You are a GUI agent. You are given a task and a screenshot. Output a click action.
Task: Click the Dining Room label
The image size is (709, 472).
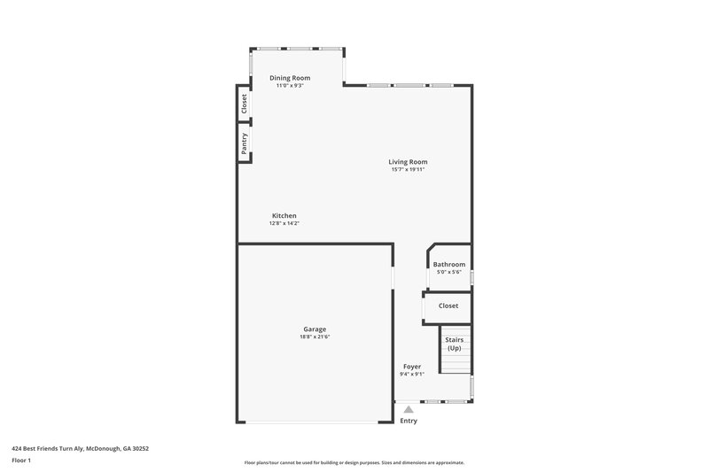pos(290,78)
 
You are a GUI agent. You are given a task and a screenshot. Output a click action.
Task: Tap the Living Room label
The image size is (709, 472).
pos(408,161)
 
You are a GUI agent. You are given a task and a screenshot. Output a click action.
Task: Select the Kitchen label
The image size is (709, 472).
pos(284,216)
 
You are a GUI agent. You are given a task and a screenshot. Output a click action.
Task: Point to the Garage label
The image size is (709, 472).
pos(315,329)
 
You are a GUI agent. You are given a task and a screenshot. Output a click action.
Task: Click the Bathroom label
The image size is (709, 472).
pos(449,264)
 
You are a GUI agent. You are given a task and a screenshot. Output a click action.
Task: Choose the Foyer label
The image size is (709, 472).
pos(412,366)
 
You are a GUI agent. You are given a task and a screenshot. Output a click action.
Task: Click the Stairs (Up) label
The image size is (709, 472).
pos(454,344)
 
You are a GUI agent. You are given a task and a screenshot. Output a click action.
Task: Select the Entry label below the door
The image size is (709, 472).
pos(409,421)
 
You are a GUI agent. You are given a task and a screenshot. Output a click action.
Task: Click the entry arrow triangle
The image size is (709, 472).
pos(409,409)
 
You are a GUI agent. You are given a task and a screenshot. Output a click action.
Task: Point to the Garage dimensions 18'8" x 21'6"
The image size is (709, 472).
pos(315,337)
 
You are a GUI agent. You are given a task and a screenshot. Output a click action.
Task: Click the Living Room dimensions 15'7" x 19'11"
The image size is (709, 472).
pos(408,169)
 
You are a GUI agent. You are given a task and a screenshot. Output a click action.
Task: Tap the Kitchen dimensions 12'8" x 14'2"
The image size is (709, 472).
pos(284,223)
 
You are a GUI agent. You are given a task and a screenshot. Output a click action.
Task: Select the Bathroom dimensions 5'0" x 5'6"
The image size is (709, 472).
pos(449,272)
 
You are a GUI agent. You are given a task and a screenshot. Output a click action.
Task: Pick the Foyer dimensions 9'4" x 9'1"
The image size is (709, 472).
pos(412,374)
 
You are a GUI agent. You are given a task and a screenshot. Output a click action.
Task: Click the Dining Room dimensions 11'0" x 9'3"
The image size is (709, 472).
pos(290,86)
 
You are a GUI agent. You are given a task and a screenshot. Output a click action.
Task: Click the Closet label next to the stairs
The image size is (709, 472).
pos(448,306)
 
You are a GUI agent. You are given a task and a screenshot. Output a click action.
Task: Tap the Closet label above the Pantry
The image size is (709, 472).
pos(244,104)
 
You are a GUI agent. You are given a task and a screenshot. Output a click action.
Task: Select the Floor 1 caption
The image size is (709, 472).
pos(21,460)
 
